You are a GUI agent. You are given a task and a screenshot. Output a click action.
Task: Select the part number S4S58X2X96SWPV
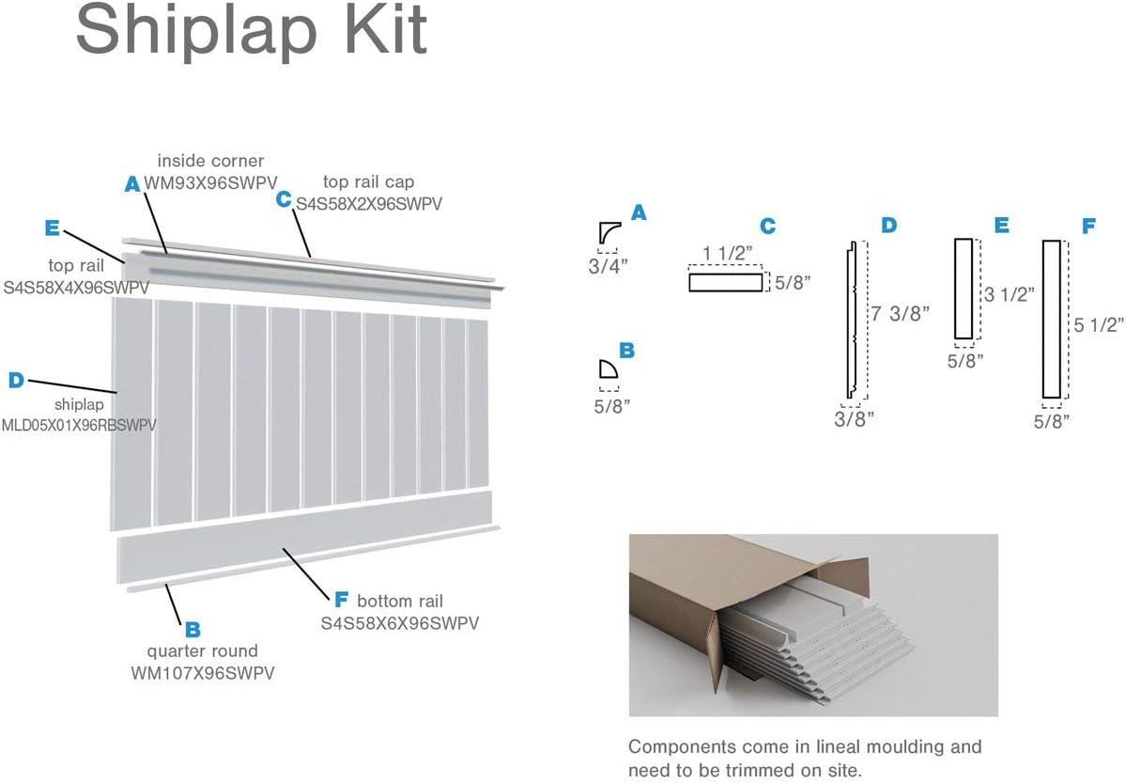(369, 202)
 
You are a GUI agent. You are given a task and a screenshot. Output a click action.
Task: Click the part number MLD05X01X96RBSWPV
(79, 425)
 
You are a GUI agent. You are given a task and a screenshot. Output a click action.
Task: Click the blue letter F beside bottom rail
(341, 600)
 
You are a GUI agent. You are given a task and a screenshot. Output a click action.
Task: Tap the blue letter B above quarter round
(193, 629)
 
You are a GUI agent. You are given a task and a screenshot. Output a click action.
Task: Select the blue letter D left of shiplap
(16, 381)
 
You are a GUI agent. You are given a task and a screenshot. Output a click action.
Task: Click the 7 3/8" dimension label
(900, 314)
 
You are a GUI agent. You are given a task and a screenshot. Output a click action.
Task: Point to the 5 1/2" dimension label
(1099, 324)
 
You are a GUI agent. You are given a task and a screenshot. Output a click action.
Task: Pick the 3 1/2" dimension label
(1010, 293)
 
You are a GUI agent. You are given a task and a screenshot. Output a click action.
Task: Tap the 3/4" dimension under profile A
(607, 266)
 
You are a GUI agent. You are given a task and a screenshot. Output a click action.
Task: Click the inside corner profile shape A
(607, 233)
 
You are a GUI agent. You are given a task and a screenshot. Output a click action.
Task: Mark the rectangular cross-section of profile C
(726, 282)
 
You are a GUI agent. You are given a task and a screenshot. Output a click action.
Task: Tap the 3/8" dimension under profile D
(854, 418)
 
